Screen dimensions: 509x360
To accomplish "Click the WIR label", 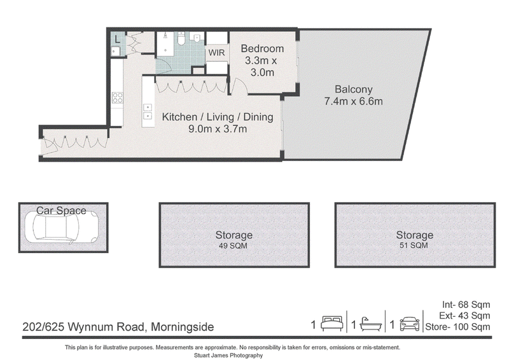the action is [216, 53].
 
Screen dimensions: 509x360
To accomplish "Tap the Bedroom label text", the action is [262, 49].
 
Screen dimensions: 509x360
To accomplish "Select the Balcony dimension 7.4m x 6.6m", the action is [354, 101].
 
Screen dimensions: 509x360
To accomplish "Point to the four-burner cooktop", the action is [117, 97].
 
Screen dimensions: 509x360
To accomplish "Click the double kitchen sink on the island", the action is [148, 111].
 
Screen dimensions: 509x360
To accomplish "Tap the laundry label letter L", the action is [117, 39].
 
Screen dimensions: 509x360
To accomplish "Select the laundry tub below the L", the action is [116, 51].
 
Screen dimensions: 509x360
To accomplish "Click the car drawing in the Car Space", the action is [62, 227].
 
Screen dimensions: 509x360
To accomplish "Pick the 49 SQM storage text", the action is [233, 246].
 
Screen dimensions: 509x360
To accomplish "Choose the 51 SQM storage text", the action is [414, 246].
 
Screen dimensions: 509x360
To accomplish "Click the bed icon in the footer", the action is [331, 323].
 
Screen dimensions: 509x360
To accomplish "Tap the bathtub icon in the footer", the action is [370, 324].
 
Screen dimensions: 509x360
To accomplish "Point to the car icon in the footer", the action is [409, 324].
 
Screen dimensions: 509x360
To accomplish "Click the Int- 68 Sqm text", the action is [466, 305].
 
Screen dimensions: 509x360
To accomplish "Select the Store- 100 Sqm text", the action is [457, 326].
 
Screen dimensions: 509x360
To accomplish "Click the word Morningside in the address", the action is [183, 326].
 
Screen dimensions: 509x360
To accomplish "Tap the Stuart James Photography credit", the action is [228, 356].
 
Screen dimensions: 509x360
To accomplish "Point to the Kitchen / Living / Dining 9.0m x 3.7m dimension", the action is [218, 129].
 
